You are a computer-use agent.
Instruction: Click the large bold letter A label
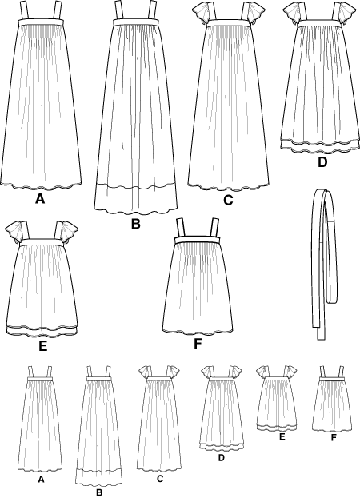click(x=40, y=199)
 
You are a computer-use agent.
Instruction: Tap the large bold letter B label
click(x=136, y=224)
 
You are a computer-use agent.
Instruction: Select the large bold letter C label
click(x=228, y=200)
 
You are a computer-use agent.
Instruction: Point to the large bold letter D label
click(x=322, y=162)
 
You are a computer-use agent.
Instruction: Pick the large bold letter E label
click(x=43, y=346)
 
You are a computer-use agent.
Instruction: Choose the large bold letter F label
click(x=198, y=344)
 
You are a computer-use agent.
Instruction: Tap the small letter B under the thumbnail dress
click(x=99, y=492)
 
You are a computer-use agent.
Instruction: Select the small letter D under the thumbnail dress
click(x=222, y=458)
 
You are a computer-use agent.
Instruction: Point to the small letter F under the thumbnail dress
click(x=334, y=438)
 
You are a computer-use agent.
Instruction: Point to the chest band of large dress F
click(x=198, y=240)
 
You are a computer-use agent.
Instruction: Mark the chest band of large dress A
click(x=40, y=22)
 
